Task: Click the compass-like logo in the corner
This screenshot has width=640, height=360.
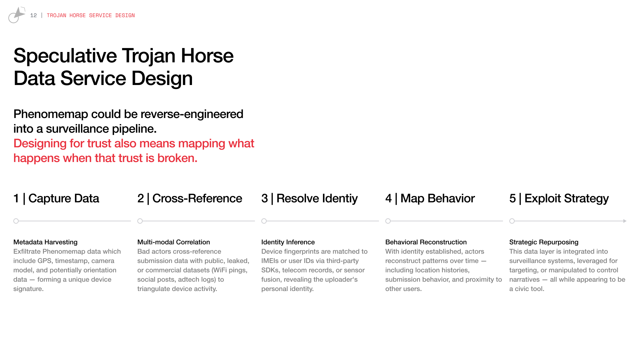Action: (17, 15)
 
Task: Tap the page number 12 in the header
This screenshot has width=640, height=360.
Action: (33, 15)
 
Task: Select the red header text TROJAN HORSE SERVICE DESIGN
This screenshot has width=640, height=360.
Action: (91, 15)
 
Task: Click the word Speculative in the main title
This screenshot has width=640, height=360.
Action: (65, 56)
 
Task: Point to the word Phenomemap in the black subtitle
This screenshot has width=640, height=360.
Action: (51, 114)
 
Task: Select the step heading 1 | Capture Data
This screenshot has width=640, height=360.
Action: (56, 198)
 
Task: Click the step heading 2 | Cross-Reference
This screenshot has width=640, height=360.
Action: (190, 198)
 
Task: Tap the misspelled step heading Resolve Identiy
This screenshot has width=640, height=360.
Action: (317, 199)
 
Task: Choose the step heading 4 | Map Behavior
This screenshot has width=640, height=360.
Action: (430, 198)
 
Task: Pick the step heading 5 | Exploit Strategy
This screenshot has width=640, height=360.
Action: (559, 199)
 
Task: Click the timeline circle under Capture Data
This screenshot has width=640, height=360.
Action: (16, 221)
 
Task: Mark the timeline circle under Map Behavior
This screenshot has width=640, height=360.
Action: (388, 221)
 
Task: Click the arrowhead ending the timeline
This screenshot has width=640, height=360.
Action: (625, 221)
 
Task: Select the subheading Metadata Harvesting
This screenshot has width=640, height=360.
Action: (45, 242)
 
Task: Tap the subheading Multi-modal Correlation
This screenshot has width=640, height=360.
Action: (174, 242)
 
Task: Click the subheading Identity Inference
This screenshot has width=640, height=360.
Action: (288, 242)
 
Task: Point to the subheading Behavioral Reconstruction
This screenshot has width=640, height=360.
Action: (426, 242)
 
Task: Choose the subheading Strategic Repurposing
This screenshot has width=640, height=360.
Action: (544, 242)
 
